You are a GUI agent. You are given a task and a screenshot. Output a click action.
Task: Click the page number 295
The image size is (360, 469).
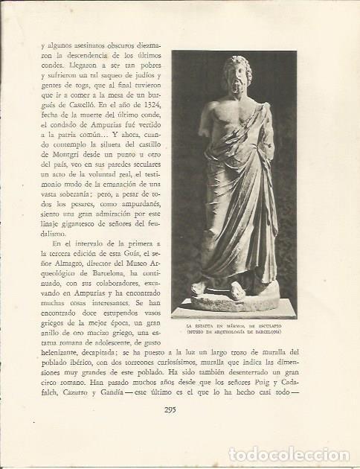(180, 406)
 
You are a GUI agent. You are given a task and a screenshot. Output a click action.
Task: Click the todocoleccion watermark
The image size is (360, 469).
(291, 454)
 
